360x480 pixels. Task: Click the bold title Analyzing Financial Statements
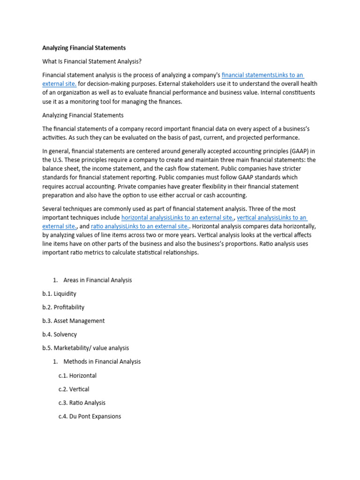(x=84, y=48)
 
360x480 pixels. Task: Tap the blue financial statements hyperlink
(x=262, y=75)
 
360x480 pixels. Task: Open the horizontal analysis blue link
(x=178, y=217)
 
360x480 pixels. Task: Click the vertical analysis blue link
(x=272, y=217)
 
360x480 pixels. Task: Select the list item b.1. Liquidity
(x=59, y=294)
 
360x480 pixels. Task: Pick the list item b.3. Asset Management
(x=73, y=321)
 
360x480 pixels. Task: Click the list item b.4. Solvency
(x=59, y=335)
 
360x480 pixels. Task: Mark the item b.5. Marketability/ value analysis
(x=85, y=348)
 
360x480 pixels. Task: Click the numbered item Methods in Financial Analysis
(x=102, y=362)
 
